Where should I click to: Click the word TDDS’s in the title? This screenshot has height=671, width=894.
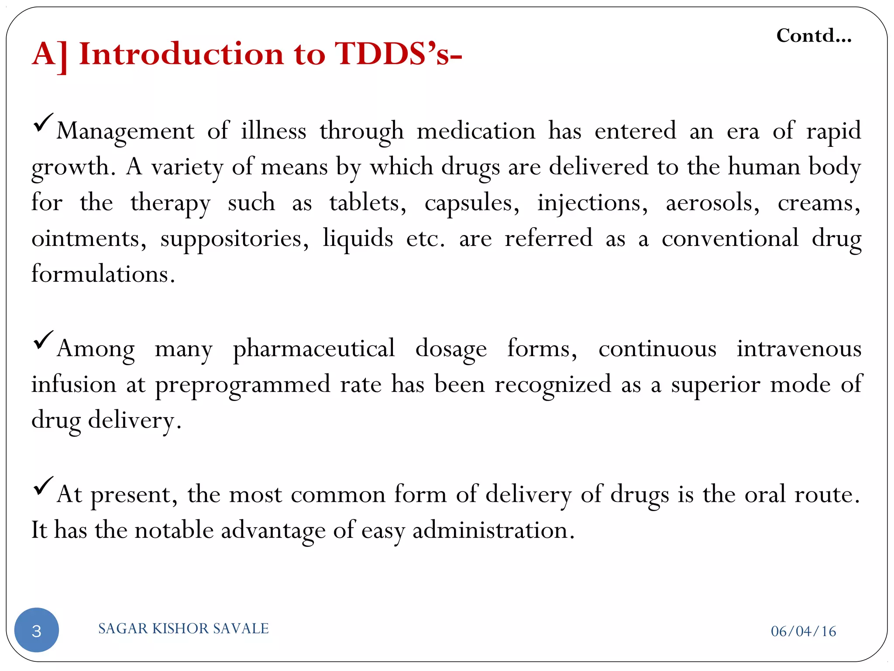pos(397,54)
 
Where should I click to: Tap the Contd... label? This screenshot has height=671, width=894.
pos(814,36)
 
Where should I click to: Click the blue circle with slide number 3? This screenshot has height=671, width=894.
pos(37,630)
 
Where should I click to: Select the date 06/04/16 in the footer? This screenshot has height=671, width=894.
pos(803,631)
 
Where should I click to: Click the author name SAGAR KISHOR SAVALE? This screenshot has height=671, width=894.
pos(183,628)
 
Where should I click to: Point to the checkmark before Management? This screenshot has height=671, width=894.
pos(43,123)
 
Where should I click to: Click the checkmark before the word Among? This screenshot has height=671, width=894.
pos(43,340)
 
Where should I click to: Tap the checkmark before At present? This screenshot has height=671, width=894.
pos(43,486)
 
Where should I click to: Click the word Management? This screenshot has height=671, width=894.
pos(125,131)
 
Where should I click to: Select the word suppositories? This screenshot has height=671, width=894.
pos(234,239)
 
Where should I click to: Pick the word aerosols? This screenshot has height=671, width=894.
pos(712,203)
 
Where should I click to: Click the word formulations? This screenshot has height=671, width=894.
pos(103,274)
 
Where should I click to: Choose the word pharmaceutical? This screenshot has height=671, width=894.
pos(314,349)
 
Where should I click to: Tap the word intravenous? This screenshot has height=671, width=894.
pos(799,349)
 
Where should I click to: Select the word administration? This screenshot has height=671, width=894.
pos(493,530)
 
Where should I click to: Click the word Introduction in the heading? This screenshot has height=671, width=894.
pos(182,54)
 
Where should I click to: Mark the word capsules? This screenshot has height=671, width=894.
pos(472,203)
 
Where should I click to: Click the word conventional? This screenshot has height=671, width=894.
pos(730,239)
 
